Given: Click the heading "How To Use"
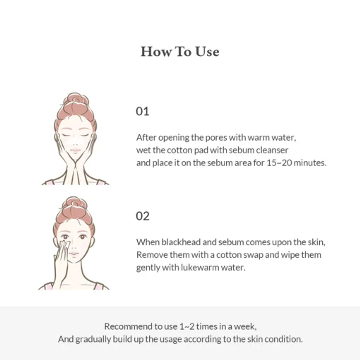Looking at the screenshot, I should point(180,52).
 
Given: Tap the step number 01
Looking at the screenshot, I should point(142,111).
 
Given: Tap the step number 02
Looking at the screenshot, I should point(142,216).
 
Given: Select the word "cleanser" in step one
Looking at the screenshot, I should point(272,150).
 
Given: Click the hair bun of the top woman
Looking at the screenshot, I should point(76,99).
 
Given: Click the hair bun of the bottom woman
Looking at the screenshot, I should point(75,203).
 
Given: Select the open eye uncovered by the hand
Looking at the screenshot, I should point(82,237).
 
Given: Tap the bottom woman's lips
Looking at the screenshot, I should point(74,254).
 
